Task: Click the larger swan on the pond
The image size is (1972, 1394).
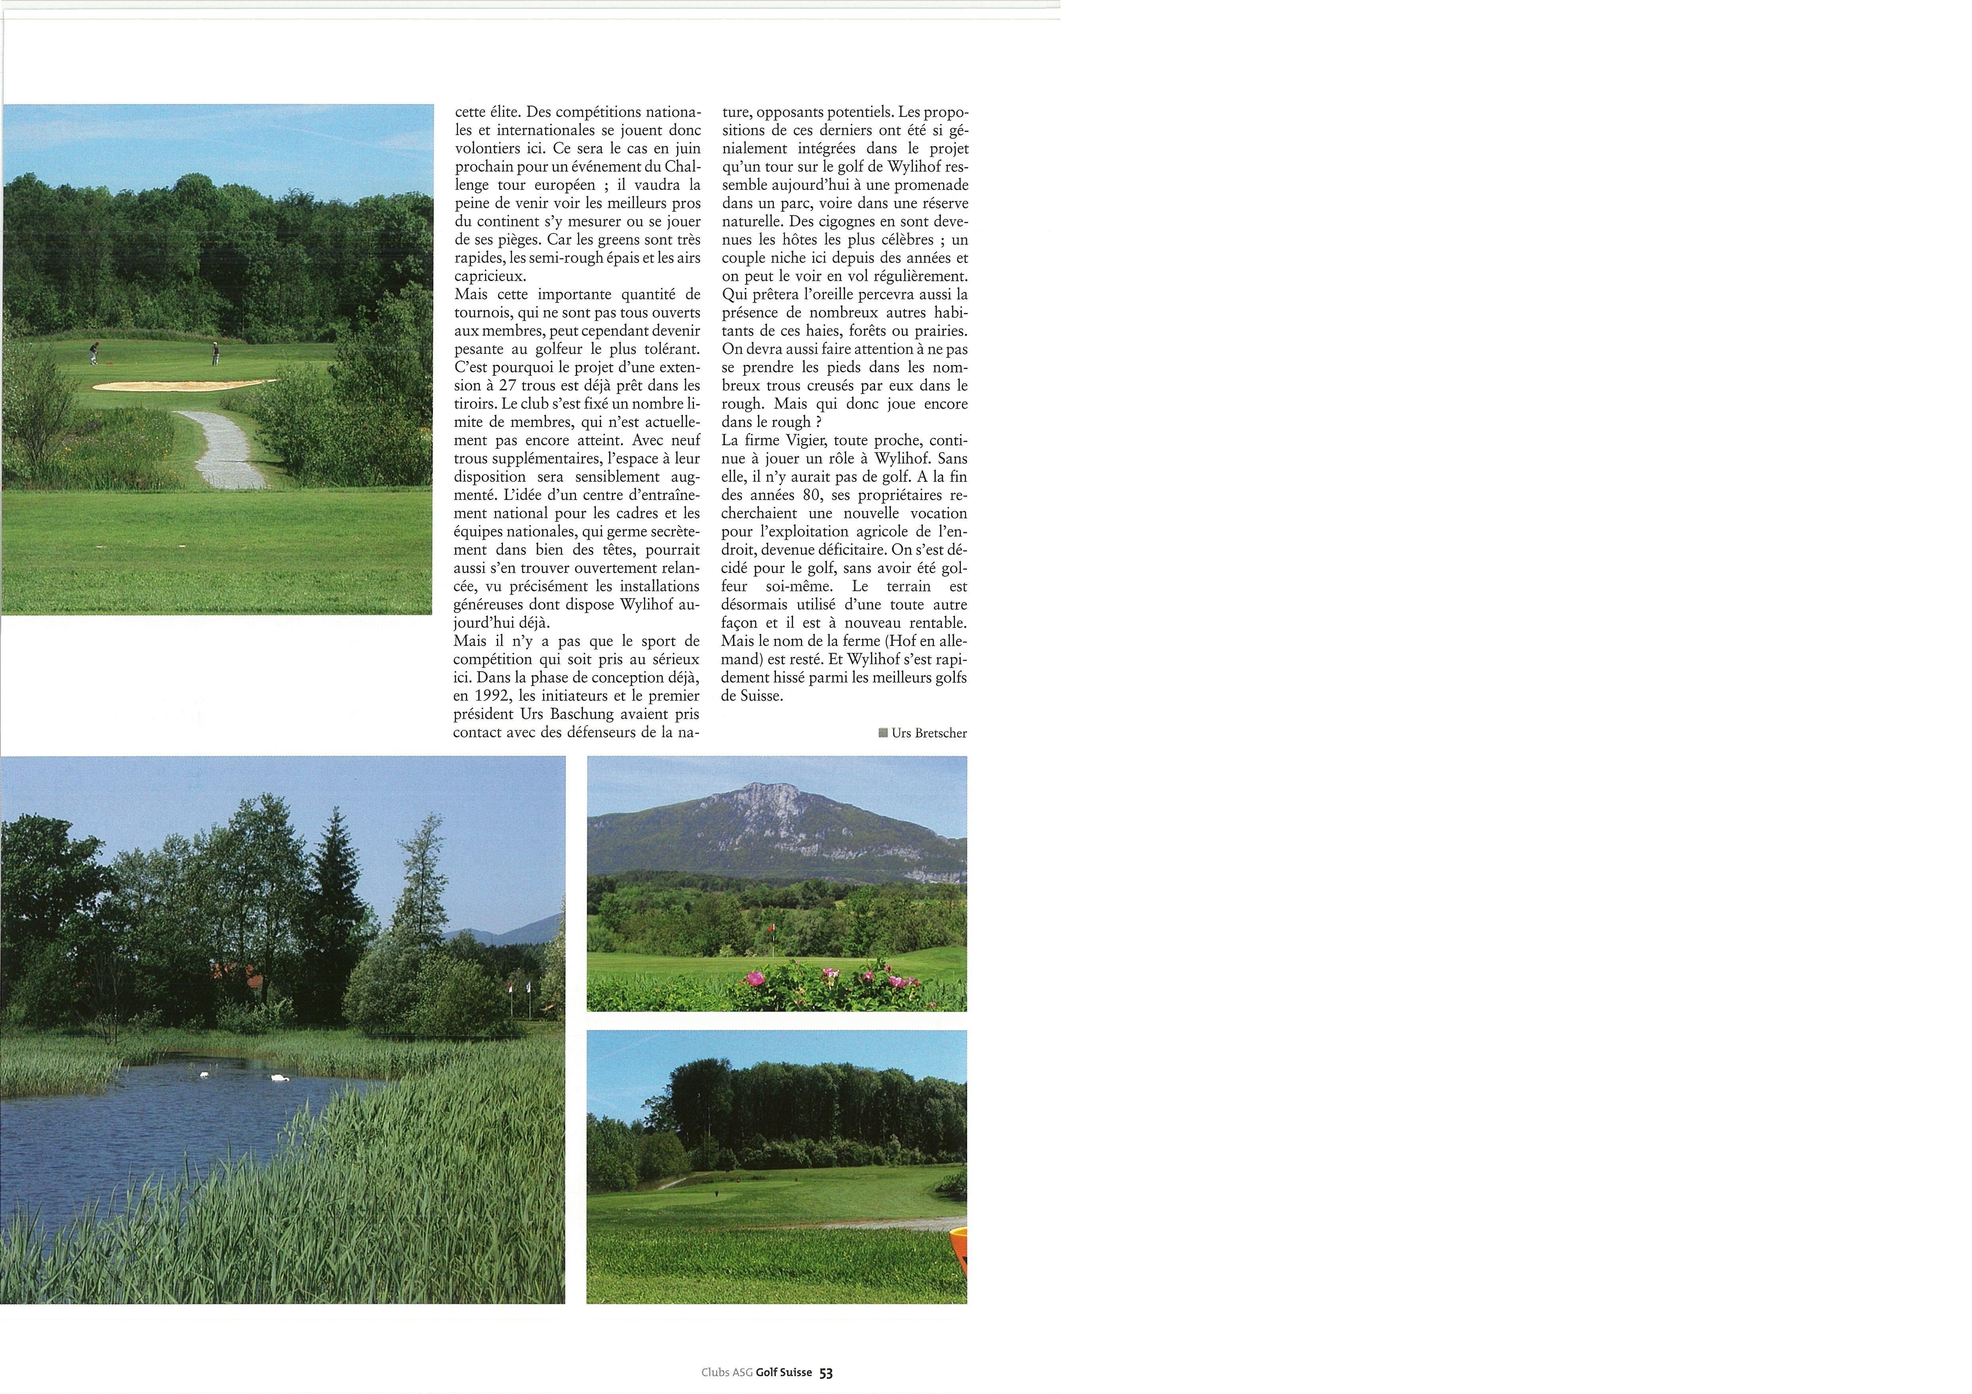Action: point(279,1077)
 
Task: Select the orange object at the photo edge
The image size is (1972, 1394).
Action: point(959,1250)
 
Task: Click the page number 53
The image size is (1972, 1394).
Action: point(826,1373)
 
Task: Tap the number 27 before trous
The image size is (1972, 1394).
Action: point(508,386)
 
